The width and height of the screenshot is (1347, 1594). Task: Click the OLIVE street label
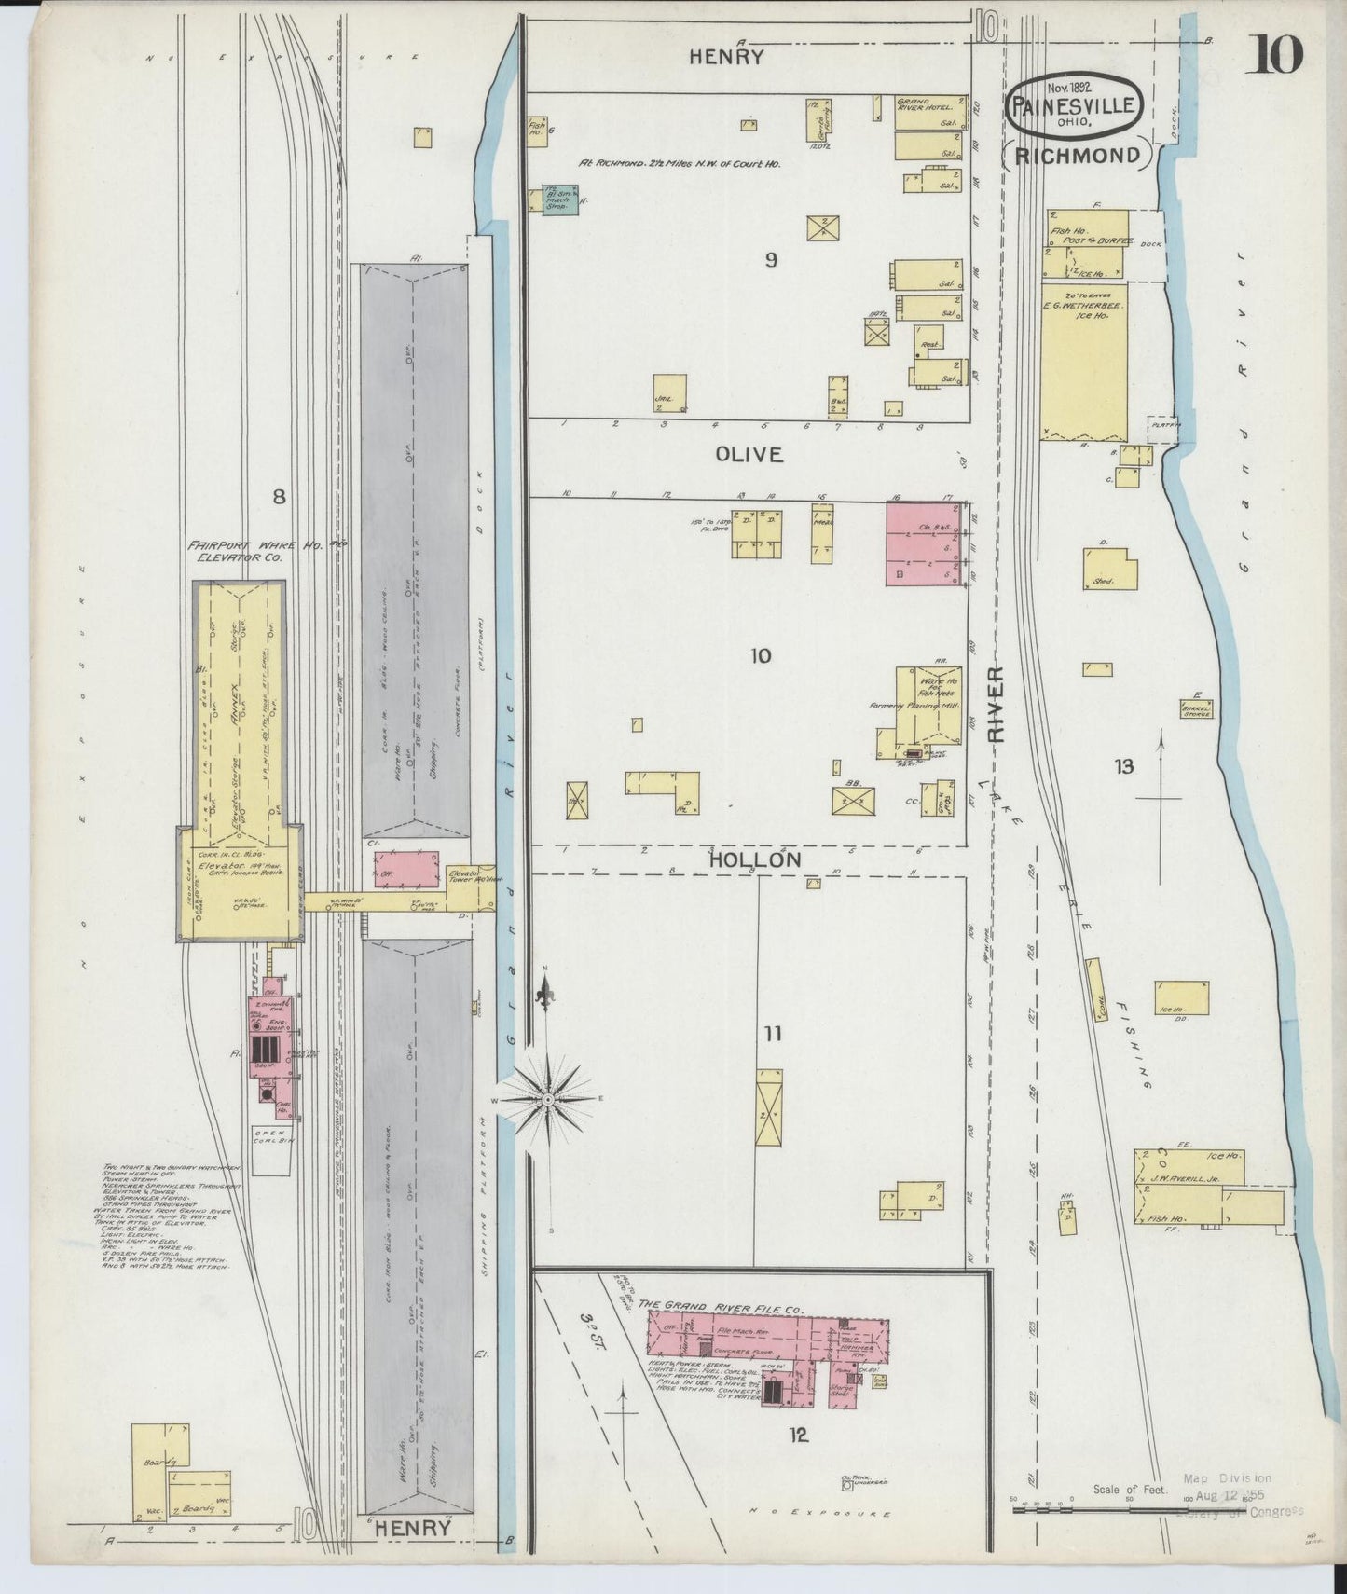[x=749, y=455]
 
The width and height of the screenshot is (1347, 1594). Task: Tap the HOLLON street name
[x=755, y=859]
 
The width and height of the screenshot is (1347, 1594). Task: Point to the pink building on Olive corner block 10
[x=924, y=543]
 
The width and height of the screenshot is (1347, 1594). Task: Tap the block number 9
[x=771, y=260]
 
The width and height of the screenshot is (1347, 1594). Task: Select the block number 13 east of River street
[x=1123, y=766]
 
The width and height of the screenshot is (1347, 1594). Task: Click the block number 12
[x=798, y=1436]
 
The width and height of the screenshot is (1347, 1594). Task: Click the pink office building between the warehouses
[x=407, y=869]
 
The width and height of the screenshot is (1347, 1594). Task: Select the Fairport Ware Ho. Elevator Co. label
[x=254, y=551]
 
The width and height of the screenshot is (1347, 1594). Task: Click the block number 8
[x=278, y=497]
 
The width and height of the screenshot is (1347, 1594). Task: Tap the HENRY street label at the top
[x=726, y=57]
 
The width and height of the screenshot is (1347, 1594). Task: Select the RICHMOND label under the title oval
[x=1077, y=156]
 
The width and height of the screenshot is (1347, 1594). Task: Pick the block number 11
[x=773, y=1034]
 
